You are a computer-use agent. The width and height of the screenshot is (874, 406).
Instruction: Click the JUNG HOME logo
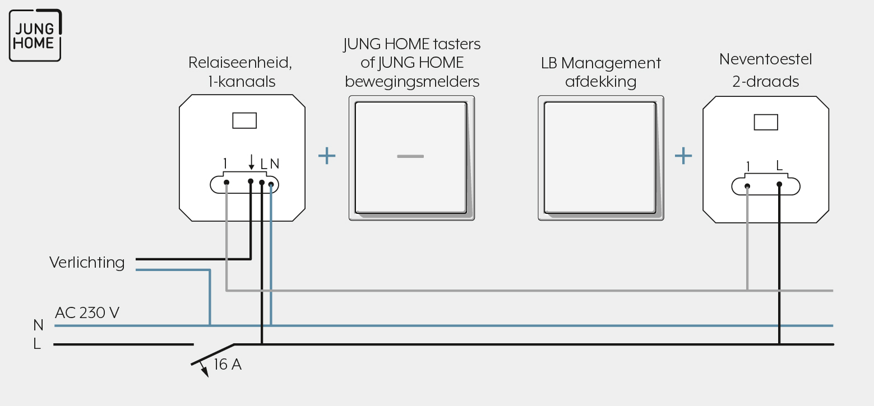(x=35, y=35)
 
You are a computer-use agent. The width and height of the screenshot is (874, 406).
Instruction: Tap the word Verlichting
(x=87, y=263)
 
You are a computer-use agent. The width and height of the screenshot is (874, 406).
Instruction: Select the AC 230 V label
(x=87, y=312)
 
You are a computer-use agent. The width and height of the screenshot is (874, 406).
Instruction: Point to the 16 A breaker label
(x=228, y=365)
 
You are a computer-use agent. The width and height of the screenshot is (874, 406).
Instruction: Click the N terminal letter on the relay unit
(x=275, y=164)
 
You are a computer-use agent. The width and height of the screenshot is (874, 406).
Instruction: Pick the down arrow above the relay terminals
(x=252, y=162)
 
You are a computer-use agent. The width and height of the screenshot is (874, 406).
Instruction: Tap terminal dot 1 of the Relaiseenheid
(x=226, y=183)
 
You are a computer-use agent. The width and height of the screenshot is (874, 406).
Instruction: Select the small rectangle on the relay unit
(x=244, y=120)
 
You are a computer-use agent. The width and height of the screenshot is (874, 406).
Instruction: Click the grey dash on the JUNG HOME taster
(x=410, y=156)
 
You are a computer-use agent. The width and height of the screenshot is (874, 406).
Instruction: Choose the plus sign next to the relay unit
(x=327, y=156)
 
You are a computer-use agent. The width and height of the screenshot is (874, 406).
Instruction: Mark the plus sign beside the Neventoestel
(x=683, y=156)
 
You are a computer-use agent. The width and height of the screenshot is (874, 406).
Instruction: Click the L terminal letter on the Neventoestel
(x=779, y=166)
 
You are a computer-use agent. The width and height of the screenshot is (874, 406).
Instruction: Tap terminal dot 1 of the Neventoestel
(x=747, y=186)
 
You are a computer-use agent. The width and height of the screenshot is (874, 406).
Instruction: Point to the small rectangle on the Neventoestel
(x=766, y=122)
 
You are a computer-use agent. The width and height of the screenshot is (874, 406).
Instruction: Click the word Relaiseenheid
(x=240, y=62)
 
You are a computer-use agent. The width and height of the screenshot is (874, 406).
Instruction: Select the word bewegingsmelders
(x=412, y=82)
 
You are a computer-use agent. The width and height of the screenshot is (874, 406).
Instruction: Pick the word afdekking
(x=601, y=82)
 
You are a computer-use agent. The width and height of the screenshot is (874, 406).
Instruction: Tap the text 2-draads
(x=766, y=81)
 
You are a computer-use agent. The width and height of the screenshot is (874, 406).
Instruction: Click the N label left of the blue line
(x=38, y=325)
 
